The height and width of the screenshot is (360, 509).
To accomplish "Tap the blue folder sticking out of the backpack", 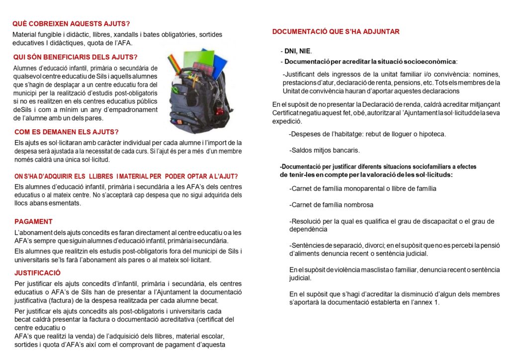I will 215,62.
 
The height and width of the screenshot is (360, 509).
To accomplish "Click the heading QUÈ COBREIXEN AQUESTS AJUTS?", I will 71,24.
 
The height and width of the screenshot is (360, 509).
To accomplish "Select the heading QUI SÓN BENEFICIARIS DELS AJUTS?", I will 75,57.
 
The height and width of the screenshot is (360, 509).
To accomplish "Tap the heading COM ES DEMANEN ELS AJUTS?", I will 67,132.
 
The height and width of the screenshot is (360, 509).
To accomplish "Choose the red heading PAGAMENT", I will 33,221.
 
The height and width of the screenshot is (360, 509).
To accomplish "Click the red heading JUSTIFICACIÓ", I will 38,272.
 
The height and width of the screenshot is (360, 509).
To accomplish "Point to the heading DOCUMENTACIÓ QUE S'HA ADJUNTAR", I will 336,32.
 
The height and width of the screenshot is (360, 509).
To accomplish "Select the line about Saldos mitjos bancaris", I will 324,150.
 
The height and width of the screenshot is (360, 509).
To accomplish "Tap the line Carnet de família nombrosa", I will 331,205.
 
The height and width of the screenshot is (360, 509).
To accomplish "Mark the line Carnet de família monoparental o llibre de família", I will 362,188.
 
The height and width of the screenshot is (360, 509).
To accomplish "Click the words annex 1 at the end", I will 427,302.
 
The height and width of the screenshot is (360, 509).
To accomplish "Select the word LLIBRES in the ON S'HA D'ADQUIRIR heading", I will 100,176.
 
